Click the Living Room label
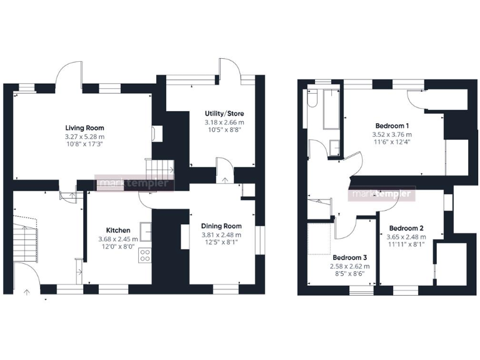84,128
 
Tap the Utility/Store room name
224,113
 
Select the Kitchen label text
118,230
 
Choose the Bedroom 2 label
406,228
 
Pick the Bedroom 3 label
350,257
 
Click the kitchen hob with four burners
144,255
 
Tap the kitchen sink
146,231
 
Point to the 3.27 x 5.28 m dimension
84,136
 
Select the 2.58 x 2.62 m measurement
350,266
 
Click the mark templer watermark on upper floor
382,194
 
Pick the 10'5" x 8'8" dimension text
224,131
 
